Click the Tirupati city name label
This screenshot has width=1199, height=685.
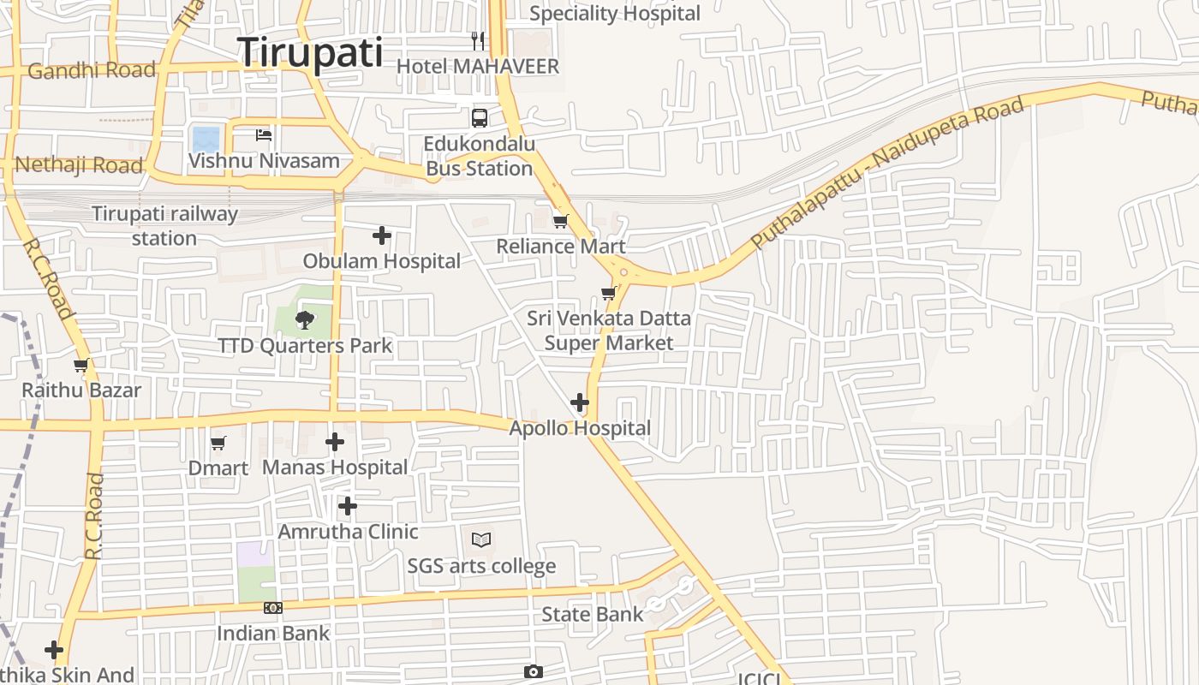coord(310,52)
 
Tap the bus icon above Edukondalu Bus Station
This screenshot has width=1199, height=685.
coord(480,118)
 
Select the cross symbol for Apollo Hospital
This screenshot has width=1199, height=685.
coord(580,402)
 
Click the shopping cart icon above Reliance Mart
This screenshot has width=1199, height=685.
coord(561,221)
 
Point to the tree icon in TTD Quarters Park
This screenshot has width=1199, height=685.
coord(304,320)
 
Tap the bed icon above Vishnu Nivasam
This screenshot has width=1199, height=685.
coord(264,134)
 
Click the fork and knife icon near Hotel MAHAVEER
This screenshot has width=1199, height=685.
coord(478,40)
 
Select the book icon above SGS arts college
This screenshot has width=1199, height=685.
coord(481,539)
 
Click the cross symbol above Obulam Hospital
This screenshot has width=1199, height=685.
coord(382,235)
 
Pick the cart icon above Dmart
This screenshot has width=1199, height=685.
coord(218,443)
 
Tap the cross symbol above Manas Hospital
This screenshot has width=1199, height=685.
coord(335,442)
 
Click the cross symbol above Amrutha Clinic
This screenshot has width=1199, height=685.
coord(347,506)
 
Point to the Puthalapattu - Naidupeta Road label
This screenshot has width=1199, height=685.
coord(887,172)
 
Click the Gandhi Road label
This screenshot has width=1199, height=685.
coord(92,70)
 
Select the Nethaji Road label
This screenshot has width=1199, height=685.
coord(79,164)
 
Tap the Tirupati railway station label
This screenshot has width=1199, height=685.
coord(164,225)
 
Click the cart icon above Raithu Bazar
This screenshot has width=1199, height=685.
coord(81,366)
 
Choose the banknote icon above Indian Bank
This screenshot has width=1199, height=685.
coord(273,608)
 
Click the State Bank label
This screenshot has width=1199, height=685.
coord(592,614)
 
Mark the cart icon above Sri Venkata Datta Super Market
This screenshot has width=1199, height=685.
coord(609,294)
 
